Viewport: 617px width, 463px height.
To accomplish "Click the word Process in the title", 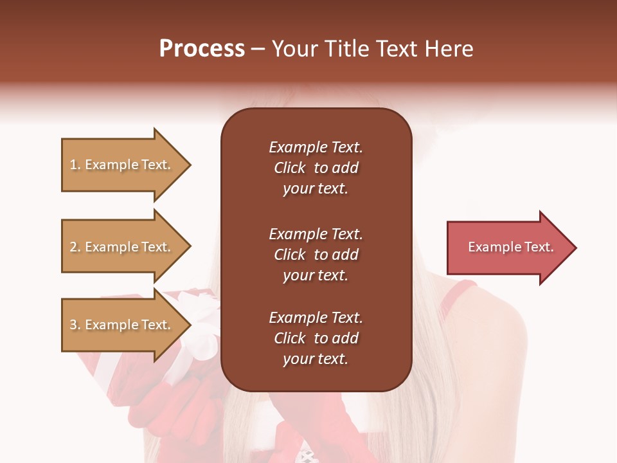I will click(x=202, y=49).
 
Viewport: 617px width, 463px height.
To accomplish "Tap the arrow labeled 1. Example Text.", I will click(x=122, y=165).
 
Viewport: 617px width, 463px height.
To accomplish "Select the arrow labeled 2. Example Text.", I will click(x=122, y=247).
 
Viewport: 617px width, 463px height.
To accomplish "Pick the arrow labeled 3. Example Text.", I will click(x=122, y=325).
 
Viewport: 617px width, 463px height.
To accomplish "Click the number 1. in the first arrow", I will click(x=75, y=165).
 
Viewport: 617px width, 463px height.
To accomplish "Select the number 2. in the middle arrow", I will click(x=75, y=247).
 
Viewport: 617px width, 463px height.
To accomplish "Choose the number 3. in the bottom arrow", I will click(x=75, y=325).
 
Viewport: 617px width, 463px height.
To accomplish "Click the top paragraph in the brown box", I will click(x=316, y=168).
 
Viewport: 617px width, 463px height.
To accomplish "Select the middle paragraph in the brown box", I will click(x=316, y=255).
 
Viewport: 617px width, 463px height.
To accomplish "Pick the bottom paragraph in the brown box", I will click(x=316, y=338).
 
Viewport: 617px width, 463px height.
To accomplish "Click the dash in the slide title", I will click(x=258, y=50).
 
